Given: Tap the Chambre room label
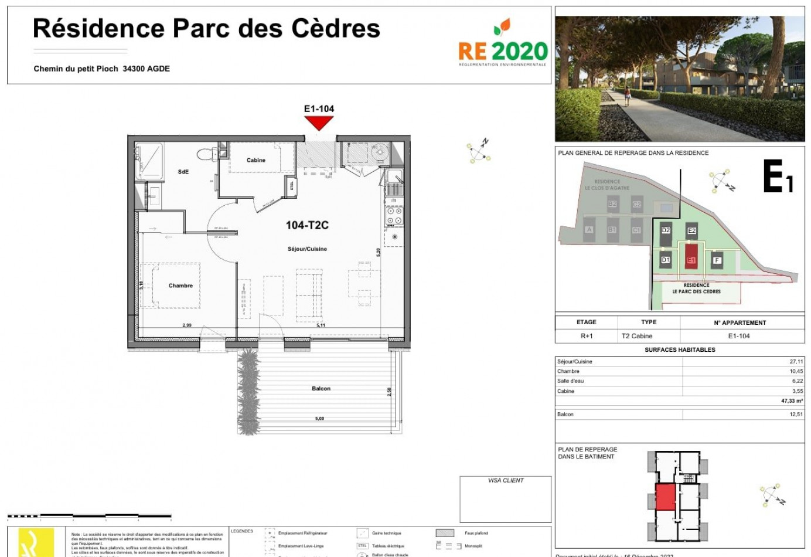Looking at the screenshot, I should click(x=180, y=286).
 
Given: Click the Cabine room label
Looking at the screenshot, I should click(x=256, y=160).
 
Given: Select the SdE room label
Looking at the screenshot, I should click(x=183, y=172).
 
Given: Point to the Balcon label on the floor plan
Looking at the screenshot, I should click(x=321, y=389).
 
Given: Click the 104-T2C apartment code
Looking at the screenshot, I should click(x=307, y=225).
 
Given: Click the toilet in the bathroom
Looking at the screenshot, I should click(x=205, y=154).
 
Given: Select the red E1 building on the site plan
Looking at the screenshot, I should click(x=691, y=256).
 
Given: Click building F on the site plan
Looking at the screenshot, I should click(x=717, y=260).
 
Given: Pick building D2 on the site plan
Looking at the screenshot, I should click(x=666, y=230).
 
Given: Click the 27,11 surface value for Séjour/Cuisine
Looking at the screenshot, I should click(x=796, y=362).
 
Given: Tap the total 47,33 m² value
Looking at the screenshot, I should click(x=792, y=401).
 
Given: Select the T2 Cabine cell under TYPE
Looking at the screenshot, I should click(x=637, y=336).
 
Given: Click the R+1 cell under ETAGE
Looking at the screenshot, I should click(x=587, y=336).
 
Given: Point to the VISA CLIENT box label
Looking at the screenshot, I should click(x=506, y=480).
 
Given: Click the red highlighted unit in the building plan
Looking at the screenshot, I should click(x=665, y=497).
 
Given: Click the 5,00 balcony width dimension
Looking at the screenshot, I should click(x=319, y=419).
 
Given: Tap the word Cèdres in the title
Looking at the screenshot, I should click(x=337, y=28).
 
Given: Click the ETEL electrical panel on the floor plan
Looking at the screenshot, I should click(x=291, y=186).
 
